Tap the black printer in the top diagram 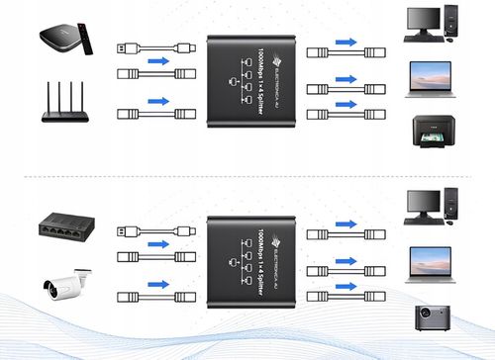point(434,133)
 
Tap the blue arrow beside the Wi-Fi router point(156,101)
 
